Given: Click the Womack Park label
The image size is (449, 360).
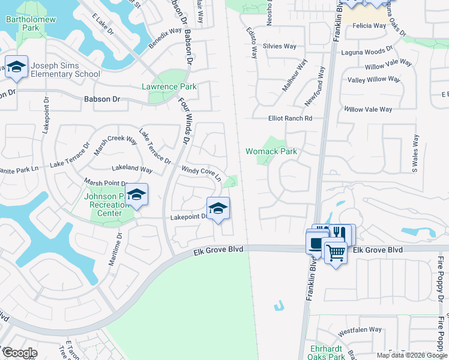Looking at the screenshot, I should (x=271, y=151).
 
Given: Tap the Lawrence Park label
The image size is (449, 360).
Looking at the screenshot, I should (x=169, y=86).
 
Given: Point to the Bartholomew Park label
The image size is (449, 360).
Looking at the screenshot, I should (x=30, y=24).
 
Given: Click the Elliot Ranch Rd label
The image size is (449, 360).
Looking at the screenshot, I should (x=291, y=119).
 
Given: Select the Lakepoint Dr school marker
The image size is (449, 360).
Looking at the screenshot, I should (x=218, y=208).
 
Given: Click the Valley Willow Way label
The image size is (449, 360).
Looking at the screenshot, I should (x=374, y=79).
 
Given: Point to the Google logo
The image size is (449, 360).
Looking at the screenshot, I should (x=19, y=353).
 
